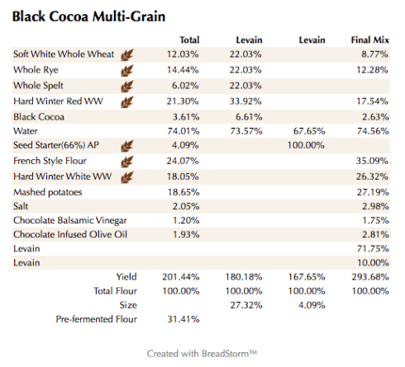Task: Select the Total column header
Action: pyautogui.click(x=189, y=40)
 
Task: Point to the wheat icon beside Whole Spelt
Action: pyautogui.click(x=127, y=85)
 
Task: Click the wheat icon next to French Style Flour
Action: pyautogui.click(x=127, y=161)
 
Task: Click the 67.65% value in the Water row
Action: pyautogui.click(x=308, y=130)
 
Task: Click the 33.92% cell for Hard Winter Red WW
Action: pyautogui.click(x=246, y=101)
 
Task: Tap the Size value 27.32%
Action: pyautogui.click(x=246, y=303)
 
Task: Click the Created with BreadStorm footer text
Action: pyautogui.click(x=202, y=353)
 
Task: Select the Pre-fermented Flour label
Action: pyautogui.click(x=96, y=318)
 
